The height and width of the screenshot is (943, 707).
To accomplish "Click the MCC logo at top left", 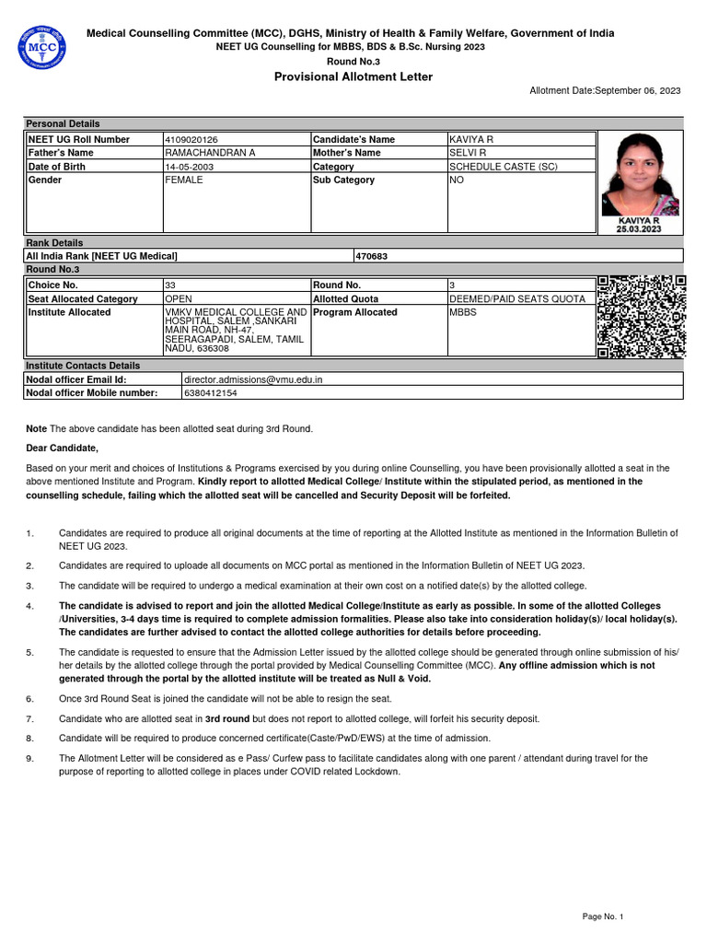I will pos(41,47).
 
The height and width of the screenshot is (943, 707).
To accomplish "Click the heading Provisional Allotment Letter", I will pos(353,76).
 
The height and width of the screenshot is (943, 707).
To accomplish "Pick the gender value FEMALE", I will pos(183,180).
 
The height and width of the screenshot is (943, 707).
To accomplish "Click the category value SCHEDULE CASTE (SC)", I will pos(503,167).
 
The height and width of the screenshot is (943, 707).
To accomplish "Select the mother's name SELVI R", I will pos(467,153).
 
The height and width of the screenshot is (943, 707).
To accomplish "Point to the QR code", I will pos(641,316).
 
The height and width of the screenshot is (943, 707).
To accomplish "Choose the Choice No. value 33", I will pos(170,285).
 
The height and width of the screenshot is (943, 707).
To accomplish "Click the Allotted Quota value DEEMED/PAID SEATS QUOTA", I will pos(516,299).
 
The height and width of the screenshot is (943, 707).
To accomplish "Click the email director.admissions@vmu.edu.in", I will pos(253,379).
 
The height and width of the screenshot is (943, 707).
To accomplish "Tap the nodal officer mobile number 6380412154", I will pos(211,393).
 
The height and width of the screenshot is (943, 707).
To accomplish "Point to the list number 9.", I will pos(29,759).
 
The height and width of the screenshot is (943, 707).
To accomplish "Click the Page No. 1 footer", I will pos(603,917).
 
